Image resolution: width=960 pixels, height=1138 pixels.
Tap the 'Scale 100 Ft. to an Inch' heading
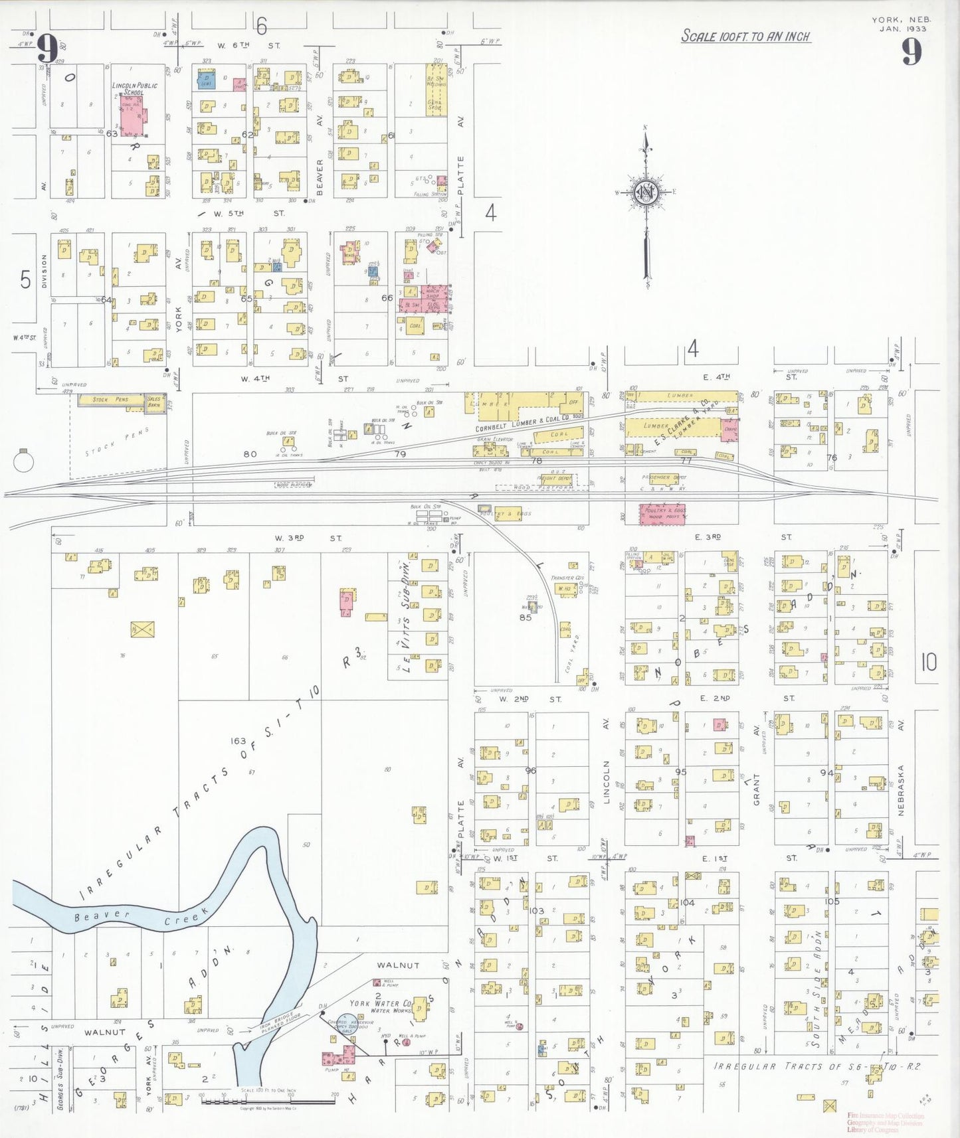point(746,36)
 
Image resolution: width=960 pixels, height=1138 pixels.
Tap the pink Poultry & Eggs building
point(662,514)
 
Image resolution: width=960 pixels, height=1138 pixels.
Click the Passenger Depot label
point(664,477)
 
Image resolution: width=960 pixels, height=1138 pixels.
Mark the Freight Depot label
point(555,478)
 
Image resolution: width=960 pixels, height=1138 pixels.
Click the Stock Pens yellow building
point(111,400)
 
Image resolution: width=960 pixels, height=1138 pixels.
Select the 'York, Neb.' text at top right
point(902,20)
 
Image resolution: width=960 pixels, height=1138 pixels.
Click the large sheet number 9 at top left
point(47,48)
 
